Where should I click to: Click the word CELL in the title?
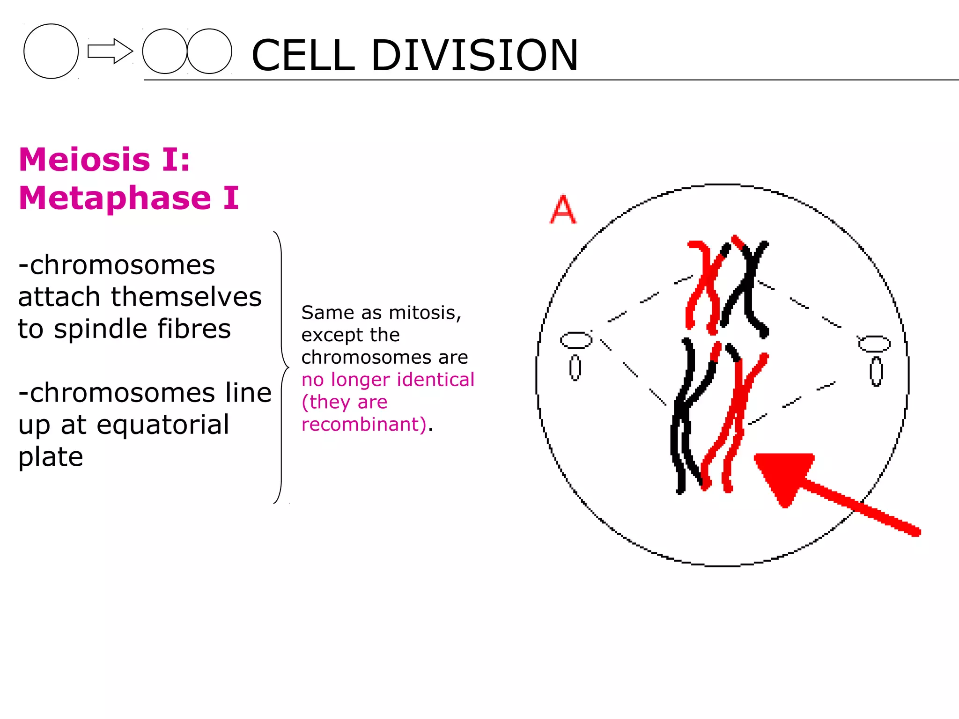coord(303,55)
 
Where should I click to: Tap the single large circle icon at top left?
coord(51,51)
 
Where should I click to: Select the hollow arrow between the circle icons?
coord(110,51)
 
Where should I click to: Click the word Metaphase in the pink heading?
coord(115,198)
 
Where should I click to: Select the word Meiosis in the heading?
coord(84,160)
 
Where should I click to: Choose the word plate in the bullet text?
coord(51,457)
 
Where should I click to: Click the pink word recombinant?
coord(363,424)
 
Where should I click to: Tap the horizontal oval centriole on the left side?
coord(576,340)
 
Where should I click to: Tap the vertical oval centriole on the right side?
coord(876,372)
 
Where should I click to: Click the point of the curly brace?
coord(287,367)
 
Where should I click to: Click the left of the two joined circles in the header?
coord(164,51)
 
